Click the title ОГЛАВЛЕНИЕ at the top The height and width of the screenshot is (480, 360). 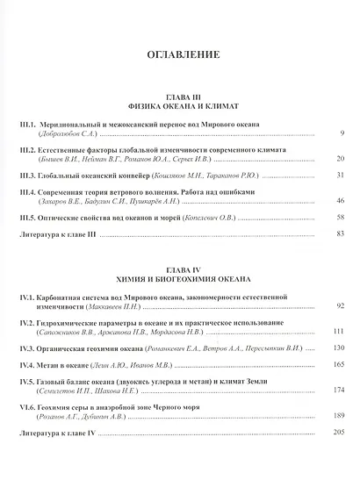(x=179, y=54)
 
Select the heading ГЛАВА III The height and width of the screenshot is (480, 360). (x=178, y=95)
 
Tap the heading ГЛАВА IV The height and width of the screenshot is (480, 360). (x=178, y=267)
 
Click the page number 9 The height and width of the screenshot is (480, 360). (x=341, y=134)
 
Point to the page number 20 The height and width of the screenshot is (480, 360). (x=340, y=159)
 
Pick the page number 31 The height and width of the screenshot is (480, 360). (x=340, y=176)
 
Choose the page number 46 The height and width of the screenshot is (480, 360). (x=340, y=201)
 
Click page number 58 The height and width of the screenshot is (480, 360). (x=340, y=217)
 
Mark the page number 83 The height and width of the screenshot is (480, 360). (x=340, y=233)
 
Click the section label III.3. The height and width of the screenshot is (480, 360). (x=28, y=176)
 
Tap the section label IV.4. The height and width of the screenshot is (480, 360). (x=28, y=364)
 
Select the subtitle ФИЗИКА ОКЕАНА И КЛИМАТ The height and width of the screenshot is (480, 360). (x=178, y=104)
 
